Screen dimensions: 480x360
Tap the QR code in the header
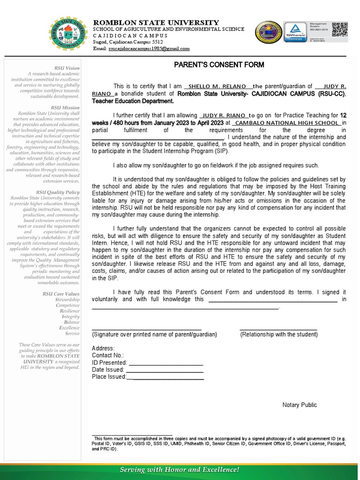tap(341, 29)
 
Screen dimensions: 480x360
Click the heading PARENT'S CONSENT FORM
tap(219, 65)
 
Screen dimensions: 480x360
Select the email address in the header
tap(149, 48)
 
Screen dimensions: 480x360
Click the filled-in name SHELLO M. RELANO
tap(219, 86)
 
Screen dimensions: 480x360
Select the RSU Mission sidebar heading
tap(67, 107)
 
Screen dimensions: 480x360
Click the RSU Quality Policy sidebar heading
tap(60, 192)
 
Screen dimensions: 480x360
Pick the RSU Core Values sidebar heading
tap(61, 293)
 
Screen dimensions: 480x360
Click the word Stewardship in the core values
tap(67, 299)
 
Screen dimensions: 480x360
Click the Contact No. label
tap(108, 355)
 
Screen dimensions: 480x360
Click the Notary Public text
tap(300, 405)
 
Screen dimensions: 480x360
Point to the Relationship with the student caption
tap(279, 334)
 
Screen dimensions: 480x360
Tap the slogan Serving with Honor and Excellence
tap(180, 469)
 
